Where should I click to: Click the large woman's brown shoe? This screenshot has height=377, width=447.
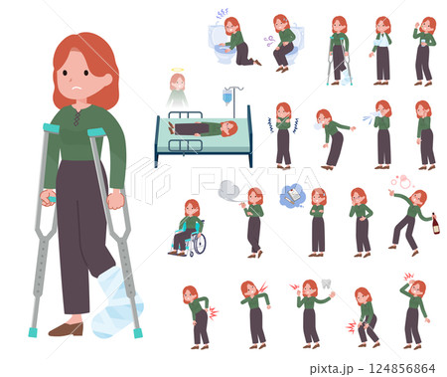click(67, 329)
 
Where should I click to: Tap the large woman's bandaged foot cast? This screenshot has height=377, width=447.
click(116, 303)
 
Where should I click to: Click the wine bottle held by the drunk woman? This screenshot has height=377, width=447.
click(436, 224)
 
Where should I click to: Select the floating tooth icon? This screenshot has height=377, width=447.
click(326, 283)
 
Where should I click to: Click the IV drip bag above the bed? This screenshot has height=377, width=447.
click(227, 95)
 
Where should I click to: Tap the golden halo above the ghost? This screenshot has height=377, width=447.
click(178, 70)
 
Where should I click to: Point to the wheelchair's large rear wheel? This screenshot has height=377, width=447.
click(199, 244)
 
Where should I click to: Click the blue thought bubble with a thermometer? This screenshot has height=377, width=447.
click(292, 196)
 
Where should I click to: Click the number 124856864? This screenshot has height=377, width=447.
click(401, 368)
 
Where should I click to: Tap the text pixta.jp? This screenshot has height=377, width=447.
click(332, 369)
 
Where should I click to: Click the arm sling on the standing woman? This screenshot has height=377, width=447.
click(380, 42)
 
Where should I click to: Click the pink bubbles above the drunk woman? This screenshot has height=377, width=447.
click(401, 181)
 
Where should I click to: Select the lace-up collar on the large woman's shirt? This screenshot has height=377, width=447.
click(76, 117)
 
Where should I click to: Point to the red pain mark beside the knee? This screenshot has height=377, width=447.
click(351, 327)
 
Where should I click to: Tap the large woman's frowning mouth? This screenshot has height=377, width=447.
click(76, 89)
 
